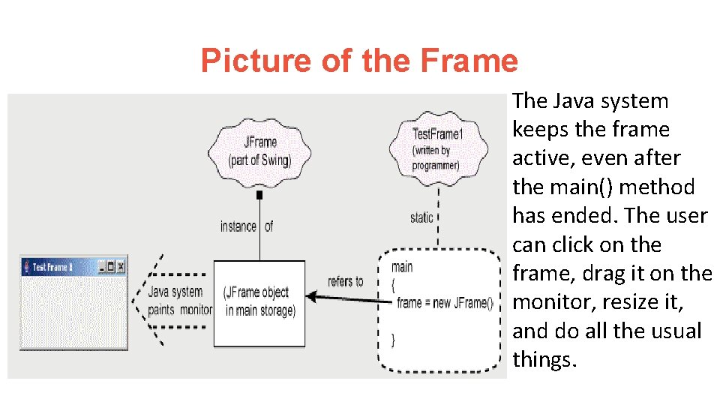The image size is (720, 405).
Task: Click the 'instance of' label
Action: (246, 226)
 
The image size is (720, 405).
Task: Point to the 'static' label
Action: (421, 217)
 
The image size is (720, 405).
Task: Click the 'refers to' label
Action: (345, 281)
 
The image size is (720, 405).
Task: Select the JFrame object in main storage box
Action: (259, 301)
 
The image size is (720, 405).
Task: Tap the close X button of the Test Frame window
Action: (121, 266)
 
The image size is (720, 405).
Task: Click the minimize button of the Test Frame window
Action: (102, 266)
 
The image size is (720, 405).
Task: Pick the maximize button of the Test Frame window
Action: (112, 266)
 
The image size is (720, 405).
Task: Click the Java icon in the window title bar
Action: (28, 266)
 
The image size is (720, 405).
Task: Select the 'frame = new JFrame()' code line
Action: (445, 303)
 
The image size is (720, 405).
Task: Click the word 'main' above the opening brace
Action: (402, 267)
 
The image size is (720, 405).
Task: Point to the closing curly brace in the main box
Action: (394, 340)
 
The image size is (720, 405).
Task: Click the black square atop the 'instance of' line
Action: (259, 195)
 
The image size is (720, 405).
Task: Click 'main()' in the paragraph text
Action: (574, 187)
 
